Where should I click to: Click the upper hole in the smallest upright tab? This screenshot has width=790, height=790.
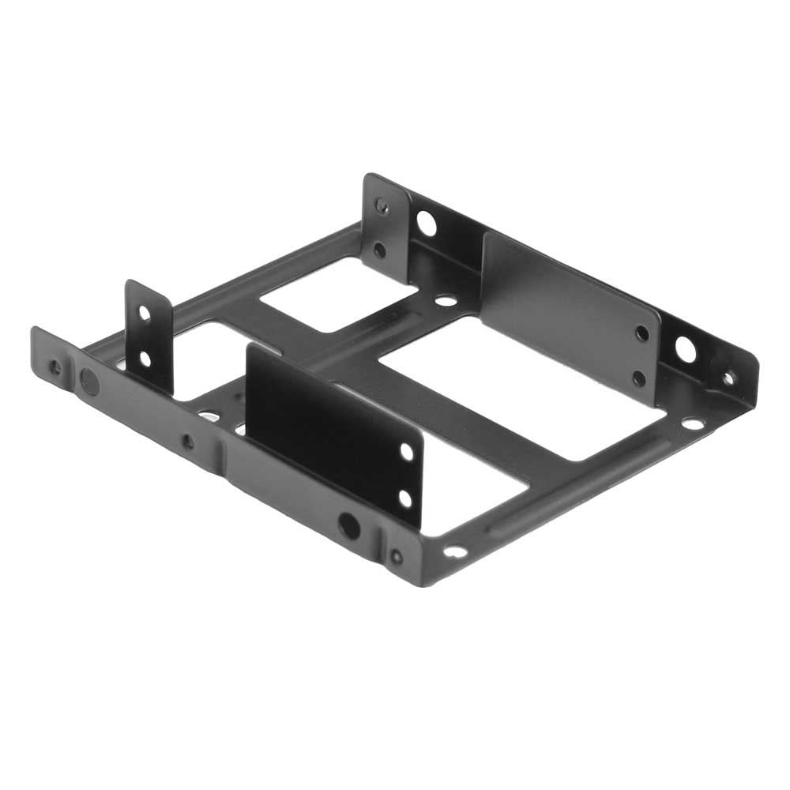(x=145, y=313)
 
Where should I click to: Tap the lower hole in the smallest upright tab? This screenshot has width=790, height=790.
(x=145, y=359)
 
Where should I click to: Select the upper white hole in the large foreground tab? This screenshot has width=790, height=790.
(x=406, y=452)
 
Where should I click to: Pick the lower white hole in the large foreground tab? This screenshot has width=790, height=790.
(x=405, y=498)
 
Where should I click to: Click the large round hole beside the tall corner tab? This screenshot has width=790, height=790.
(x=426, y=223)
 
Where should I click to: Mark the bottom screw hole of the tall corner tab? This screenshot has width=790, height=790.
(x=380, y=250)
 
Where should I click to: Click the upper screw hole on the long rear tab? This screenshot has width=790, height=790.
(x=642, y=333)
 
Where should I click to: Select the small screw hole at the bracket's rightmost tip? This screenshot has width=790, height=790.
(x=728, y=378)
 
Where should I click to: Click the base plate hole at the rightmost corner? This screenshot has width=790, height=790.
(x=693, y=423)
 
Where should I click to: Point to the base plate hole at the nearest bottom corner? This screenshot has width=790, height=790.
(x=455, y=551)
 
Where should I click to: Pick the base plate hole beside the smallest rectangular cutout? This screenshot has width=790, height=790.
(x=446, y=300)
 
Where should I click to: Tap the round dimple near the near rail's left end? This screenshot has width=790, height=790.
(x=90, y=382)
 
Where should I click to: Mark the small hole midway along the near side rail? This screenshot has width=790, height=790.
(x=187, y=441)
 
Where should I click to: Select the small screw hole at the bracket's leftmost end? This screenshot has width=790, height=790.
(x=54, y=367)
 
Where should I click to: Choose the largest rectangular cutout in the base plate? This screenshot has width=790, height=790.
(x=521, y=387)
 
